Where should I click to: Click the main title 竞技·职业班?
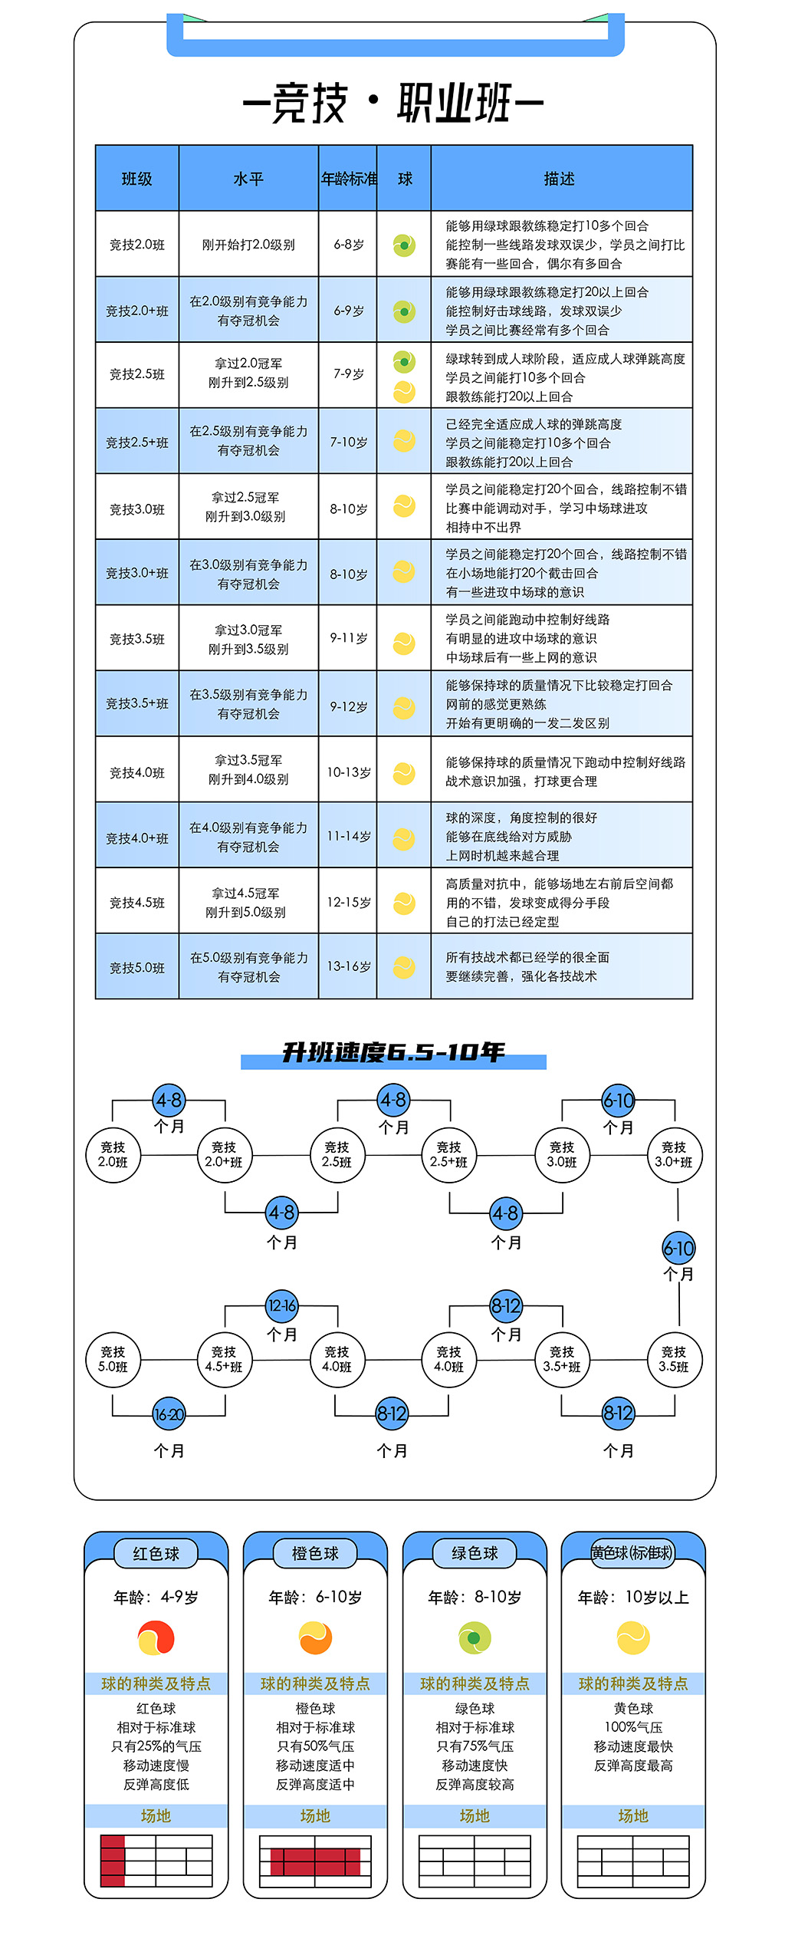tap(392, 103)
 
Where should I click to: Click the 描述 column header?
tap(560, 179)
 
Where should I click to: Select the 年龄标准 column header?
tap(349, 179)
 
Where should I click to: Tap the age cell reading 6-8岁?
tap(349, 245)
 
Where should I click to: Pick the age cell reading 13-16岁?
tap(349, 966)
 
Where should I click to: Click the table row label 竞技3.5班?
tap(137, 639)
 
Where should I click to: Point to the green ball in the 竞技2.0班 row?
tap(404, 245)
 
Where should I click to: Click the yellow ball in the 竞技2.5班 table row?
tap(404, 392)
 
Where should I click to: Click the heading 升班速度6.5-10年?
tap(393, 1051)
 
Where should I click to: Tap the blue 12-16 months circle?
tap(282, 1305)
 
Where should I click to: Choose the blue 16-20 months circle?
tap(169, 1414)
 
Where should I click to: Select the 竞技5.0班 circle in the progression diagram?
tap(113, 1360)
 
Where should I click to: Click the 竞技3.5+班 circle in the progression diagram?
tap(562, 1360)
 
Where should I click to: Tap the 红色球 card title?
tap(156, 1554)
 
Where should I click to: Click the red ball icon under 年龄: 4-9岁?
tap(156, 1638)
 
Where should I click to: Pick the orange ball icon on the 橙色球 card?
tap(316, 1638)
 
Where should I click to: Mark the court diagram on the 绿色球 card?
tap(475, 1861)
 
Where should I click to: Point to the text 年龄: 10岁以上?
tap(633, 1598)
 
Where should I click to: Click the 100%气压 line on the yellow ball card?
tap(633, 1727)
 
